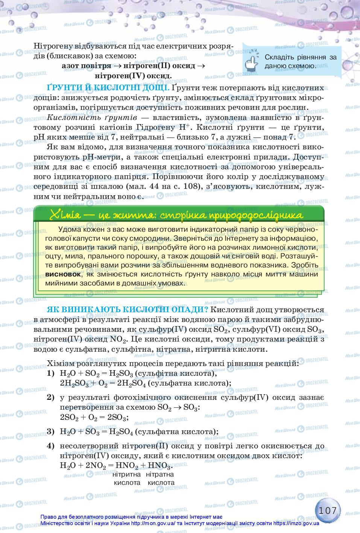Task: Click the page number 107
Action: [327, 510]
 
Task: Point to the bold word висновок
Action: [63, 274]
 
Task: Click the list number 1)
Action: [51, 374]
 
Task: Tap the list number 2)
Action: [51, 398]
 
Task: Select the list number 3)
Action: [51, 431]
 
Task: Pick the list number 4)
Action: [51, 446]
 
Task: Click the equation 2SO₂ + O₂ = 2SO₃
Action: [94, 418]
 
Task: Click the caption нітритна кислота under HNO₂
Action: [127, 478]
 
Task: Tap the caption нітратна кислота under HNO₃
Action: [161, 478]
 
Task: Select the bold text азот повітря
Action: [86, 66]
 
